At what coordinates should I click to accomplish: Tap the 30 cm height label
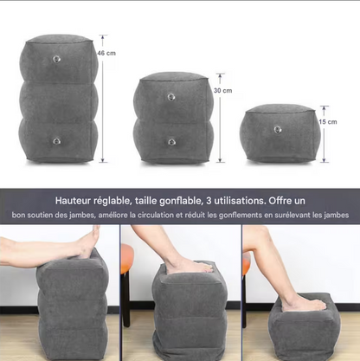pyautogui.click(x=223, y=90)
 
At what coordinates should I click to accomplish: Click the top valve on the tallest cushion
pyautogui.click(x=57, y=60)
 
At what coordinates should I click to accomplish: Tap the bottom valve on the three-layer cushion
pyautogui.click(x=57, y=140)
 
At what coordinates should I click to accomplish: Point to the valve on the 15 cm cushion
pyautogui.click(x=277, y=129)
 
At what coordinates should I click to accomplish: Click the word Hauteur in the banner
pyautogui.click(x=76, y=198)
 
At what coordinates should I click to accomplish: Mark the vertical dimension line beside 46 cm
pyautogui.click(x=102, y=100)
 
